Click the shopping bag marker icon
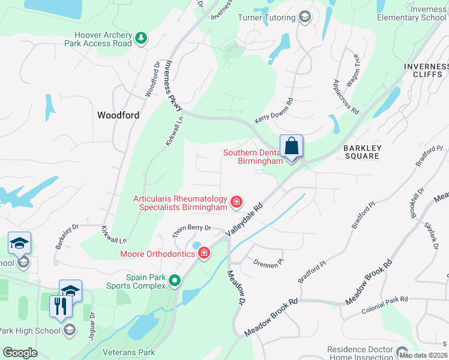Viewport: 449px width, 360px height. point(291,146)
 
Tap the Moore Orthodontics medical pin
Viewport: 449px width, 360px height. point(204,253)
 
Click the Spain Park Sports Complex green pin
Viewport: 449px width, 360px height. point(175,280)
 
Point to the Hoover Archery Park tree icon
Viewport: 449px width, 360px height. point(140,39)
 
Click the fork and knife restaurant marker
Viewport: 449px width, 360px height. point(61,307)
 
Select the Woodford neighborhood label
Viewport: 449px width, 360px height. point(118,115)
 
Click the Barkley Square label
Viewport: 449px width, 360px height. point(362,152)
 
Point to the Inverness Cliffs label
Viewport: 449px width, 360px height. point(426,71)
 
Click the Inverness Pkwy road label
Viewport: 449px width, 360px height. point(173,84)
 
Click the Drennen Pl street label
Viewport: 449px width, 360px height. point(268,262)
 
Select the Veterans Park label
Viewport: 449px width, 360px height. point(129,353)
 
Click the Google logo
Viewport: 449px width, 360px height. point(20,353)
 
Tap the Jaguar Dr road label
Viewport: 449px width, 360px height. point(92,324)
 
